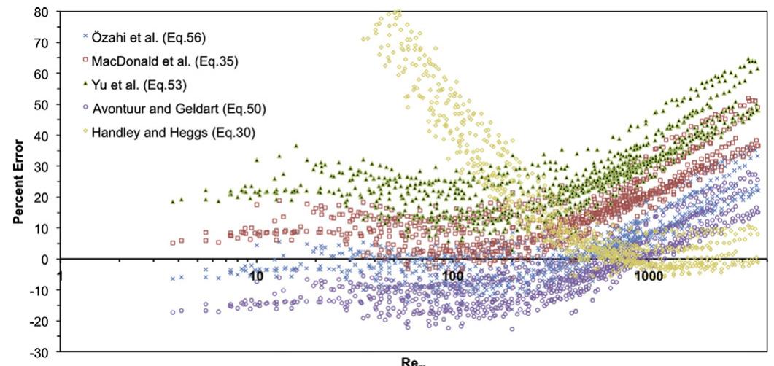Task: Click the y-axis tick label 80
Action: (44, 12)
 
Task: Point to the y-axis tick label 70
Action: (44, 43)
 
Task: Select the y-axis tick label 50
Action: (44, 105)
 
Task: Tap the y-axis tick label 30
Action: (44, 167)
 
